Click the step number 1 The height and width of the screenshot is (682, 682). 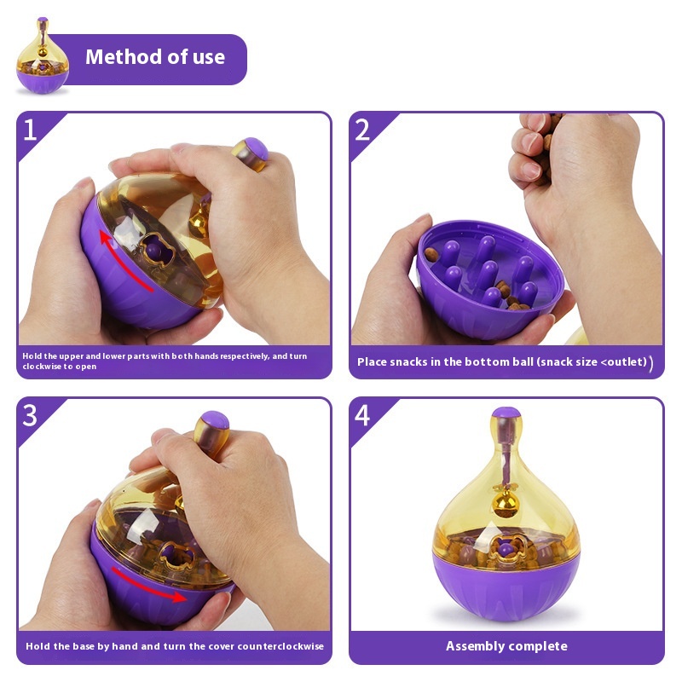31,130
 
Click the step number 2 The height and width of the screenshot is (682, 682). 362,130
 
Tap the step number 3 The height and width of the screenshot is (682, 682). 31,415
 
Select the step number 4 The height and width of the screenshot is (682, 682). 362,415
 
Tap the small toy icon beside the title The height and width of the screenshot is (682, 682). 42,58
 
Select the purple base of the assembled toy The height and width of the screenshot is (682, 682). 506,588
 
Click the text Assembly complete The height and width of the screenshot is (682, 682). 506,646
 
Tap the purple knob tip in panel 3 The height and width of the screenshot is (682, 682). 214,421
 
